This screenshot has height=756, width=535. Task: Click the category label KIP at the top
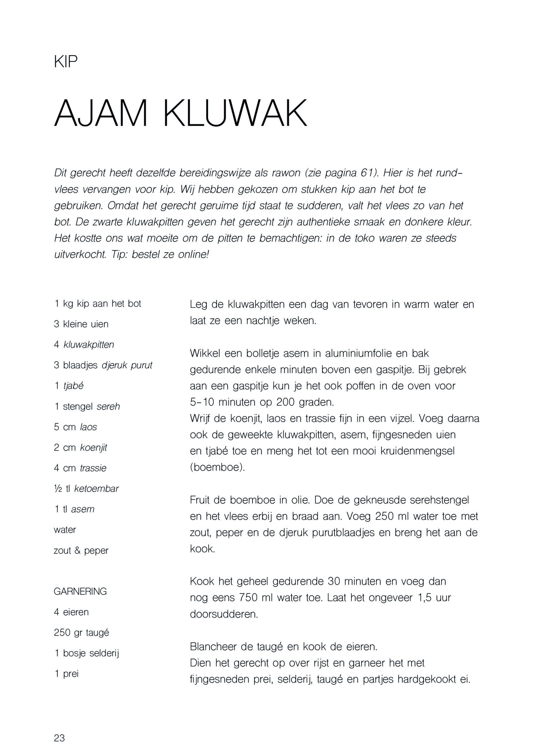[x=66, y=62]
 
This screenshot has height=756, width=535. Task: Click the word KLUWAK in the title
[x=235, y=113]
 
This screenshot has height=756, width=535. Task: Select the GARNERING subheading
[x=80, y=592]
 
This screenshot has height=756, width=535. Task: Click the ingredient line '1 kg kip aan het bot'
[x=97, y=304]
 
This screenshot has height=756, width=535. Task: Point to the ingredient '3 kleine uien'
[x=81, y=324]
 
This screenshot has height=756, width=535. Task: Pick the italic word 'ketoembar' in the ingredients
[x=96, y=489]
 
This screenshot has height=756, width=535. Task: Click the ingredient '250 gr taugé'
[x=81, y=632]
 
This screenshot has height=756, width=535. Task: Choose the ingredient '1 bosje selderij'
[x=86, y=653]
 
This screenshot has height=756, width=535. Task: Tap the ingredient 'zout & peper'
[x=81, y=550]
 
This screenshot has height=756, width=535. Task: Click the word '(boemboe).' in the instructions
[x=217, y=467]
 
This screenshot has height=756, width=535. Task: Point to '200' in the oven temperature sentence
[x=286, y=402]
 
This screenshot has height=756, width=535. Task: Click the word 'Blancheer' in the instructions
[x=213, y=647]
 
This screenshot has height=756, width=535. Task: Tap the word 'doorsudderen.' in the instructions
[x=224, y=614]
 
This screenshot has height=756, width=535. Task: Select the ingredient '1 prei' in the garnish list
[x=66, y=674]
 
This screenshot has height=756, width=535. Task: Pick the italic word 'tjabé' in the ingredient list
[x=73, y=386]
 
